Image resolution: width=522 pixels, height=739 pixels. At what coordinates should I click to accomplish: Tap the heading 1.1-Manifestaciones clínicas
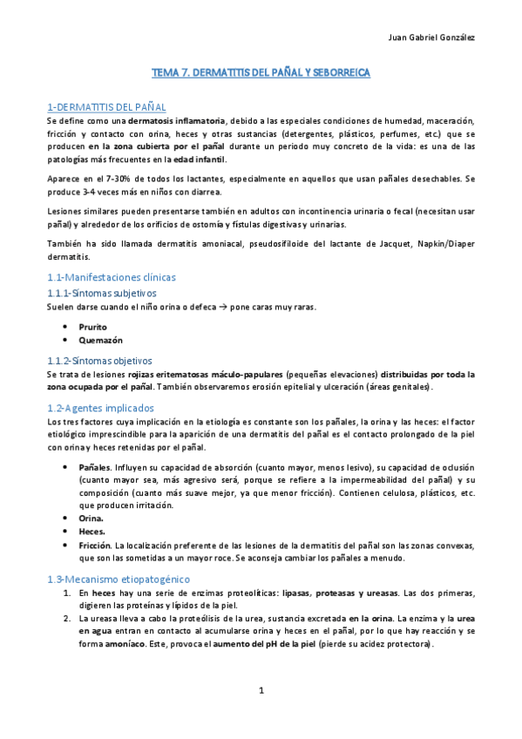click(111, 277)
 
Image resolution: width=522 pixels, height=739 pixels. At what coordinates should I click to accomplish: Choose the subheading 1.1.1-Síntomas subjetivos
click(101, 293)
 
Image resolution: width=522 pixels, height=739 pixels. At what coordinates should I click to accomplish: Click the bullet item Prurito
click(92, 327)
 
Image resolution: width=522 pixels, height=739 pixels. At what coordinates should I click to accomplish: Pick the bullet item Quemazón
click(98, 341)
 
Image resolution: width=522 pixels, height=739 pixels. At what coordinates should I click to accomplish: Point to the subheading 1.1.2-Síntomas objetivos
click(98, 360)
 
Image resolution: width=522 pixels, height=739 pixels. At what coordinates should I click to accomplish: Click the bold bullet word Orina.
click(91, 517)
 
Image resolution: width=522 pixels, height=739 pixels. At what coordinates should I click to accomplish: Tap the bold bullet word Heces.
click(92, 531)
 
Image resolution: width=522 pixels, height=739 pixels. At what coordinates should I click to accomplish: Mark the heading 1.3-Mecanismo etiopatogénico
click(118, 579)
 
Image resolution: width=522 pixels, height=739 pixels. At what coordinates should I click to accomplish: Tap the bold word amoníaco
click(102, 645)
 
